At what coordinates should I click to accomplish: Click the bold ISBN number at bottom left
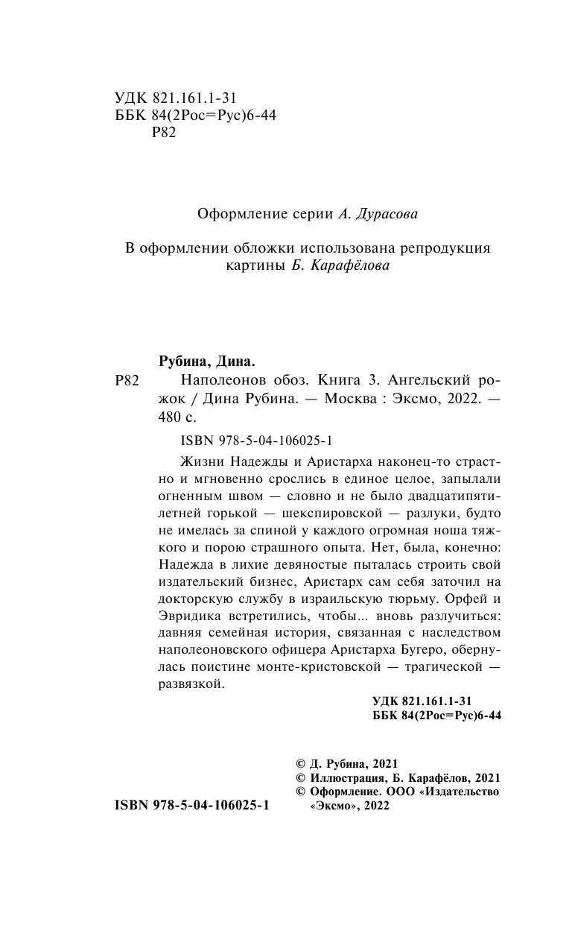(191, 806)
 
